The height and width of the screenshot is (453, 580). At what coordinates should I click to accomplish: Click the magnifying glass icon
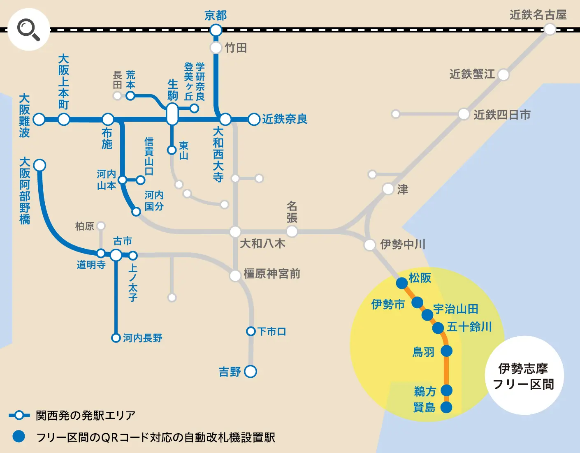(29, 30)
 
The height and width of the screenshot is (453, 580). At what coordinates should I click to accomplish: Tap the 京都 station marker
(216, 30)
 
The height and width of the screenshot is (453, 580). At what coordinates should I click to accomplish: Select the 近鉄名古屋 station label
(538, 15)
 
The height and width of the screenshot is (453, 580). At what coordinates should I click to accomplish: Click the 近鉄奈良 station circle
(254, 119)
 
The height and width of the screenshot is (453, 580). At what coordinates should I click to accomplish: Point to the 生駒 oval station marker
(172, 114)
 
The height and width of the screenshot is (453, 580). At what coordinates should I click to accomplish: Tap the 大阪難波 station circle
(39, 119)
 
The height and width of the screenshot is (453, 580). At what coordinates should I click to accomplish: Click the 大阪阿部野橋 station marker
(39, 165)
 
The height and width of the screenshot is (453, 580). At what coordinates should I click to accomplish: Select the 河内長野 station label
(142, 338)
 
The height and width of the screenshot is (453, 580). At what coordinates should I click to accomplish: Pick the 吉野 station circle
(251, 371)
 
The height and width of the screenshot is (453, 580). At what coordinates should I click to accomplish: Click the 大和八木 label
(262, 243)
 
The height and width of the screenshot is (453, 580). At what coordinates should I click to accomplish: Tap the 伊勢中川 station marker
(369, 245)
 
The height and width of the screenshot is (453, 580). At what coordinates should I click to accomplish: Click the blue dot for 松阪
(402, 283)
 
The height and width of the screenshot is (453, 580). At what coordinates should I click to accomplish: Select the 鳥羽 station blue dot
(446, 351)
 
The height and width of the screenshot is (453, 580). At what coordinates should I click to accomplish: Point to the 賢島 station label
(424, 407)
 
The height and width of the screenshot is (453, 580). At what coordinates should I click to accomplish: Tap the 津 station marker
(388, 189)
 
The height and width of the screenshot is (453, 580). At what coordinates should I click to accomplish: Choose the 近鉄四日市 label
(502, 115)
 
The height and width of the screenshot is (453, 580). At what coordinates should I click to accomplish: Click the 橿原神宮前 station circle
(235, 275)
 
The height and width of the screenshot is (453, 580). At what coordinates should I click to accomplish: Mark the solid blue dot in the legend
(19, 437)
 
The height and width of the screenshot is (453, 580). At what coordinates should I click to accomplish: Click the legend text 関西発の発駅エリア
(86, 415)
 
